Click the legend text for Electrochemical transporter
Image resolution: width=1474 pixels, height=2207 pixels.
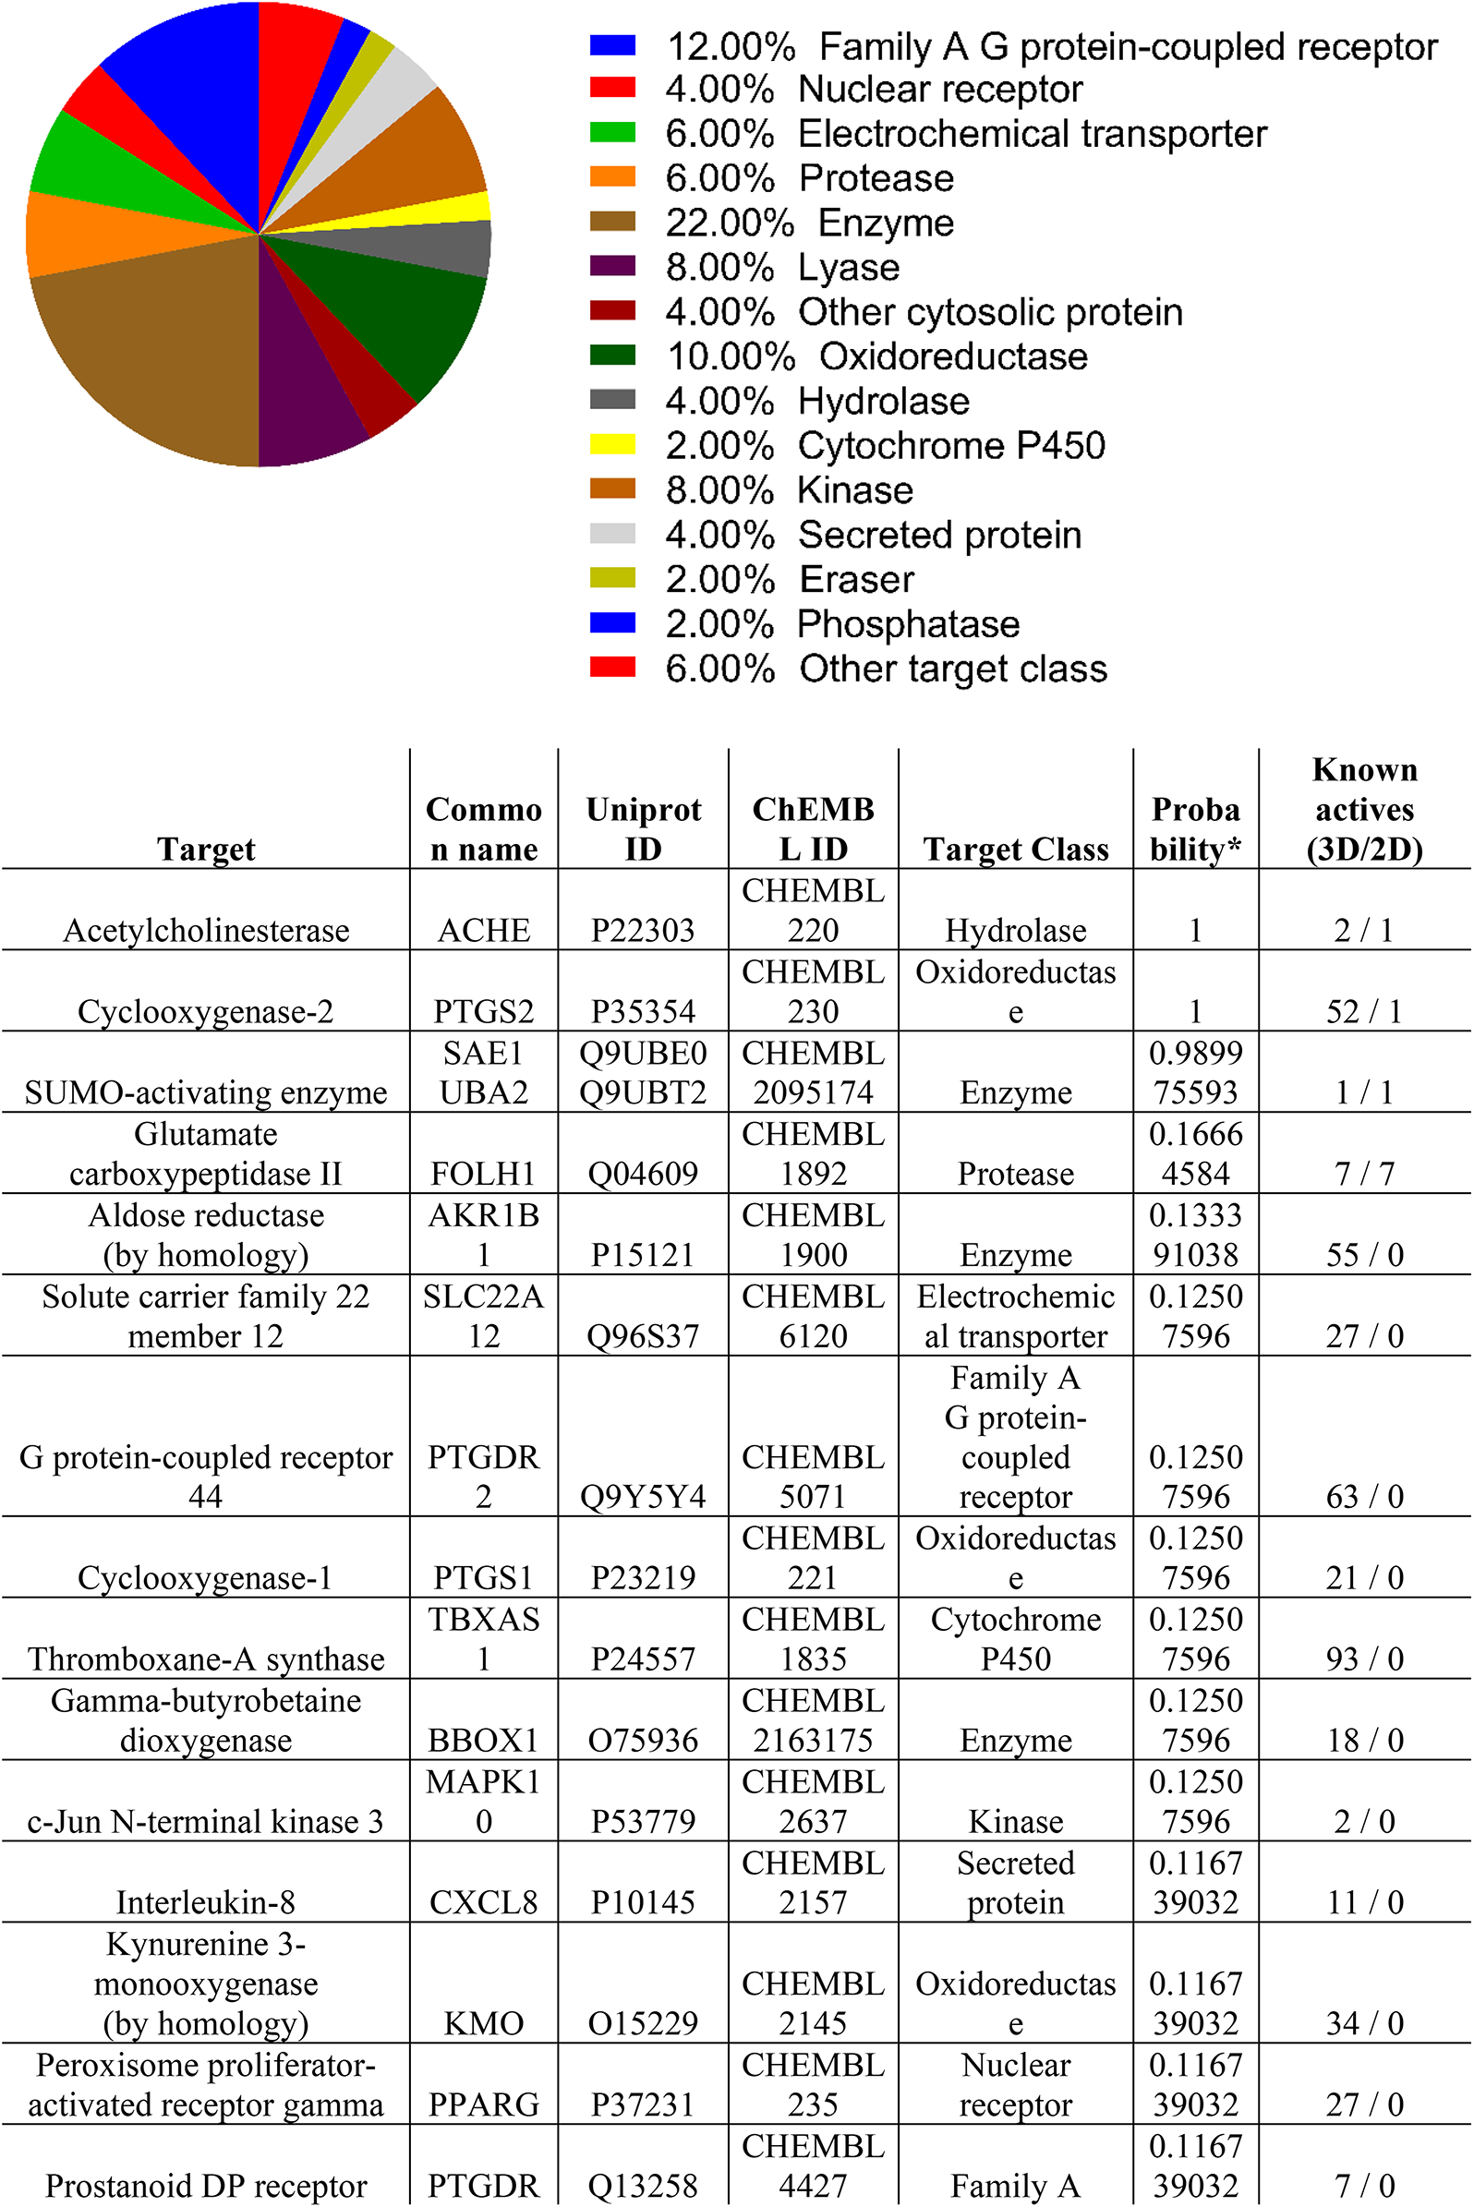point(1032,134)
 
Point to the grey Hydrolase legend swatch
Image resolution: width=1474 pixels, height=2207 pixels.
point(612,400)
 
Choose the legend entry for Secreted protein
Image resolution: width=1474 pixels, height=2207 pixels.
point(938,535)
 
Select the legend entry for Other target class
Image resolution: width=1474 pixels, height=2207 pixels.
point(951,669)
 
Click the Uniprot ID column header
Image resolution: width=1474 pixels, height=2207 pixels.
point(643,828)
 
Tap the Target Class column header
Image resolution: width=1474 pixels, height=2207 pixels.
point(1015,849)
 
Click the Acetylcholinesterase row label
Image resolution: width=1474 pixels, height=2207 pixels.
point(206,930)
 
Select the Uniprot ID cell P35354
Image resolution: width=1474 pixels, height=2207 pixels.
point(643,1011)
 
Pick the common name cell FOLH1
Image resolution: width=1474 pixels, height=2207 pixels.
point(483,1173)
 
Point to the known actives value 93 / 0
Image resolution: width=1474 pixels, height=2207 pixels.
point(1364,1659)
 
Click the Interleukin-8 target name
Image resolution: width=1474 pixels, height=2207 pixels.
point(206,1902)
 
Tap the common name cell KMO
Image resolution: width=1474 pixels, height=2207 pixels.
point(483,2022)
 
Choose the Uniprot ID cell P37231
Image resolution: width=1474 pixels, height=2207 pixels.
point(643,2104)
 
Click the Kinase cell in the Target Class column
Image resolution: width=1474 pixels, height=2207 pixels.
point(1015,1822)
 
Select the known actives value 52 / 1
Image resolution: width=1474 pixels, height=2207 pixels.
point(1364,1011)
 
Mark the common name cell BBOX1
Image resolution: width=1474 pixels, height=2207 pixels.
point(483,1740)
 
